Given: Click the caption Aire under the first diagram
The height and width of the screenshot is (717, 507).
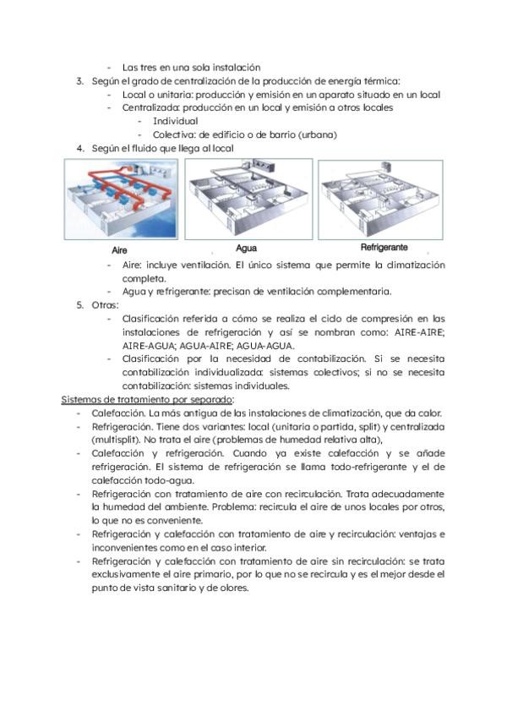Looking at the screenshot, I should (119, 251).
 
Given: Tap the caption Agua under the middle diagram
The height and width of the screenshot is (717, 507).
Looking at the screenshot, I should (247, 249).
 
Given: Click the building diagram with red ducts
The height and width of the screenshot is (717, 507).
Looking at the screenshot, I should (118, 200).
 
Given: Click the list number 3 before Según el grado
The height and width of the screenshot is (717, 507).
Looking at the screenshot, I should (79, 81).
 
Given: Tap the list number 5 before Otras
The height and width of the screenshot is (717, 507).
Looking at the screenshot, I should (79, 304).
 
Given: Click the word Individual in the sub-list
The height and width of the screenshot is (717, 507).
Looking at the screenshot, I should (175, 121).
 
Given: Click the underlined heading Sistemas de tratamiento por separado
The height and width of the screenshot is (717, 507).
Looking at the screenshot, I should (148, 399).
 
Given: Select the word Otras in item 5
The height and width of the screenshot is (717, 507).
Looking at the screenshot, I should (106, 304).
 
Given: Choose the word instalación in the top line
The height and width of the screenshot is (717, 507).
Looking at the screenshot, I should (232, 67).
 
